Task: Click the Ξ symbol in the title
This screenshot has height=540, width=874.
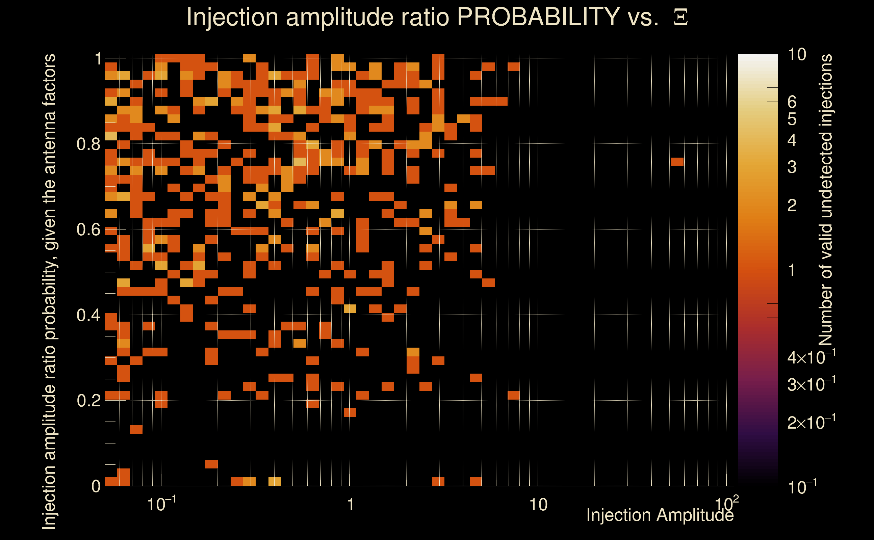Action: pos(680,18)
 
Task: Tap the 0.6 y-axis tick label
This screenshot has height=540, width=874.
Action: pos(88,229)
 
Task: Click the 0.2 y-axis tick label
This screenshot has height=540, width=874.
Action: pos(88,400)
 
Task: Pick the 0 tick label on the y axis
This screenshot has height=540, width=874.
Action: pos(96,486)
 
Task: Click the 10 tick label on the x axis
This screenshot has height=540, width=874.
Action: pos(538,505)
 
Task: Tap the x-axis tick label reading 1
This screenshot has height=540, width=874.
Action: pos(351,505)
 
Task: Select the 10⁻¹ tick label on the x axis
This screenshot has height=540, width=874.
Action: pos(161,504)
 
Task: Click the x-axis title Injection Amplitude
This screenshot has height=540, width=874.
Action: pos(660,515)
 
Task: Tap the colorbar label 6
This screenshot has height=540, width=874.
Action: pos(792,102)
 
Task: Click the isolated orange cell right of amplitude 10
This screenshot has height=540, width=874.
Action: pos(677,162)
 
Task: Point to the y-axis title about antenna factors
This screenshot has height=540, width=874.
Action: pos(49,291)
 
